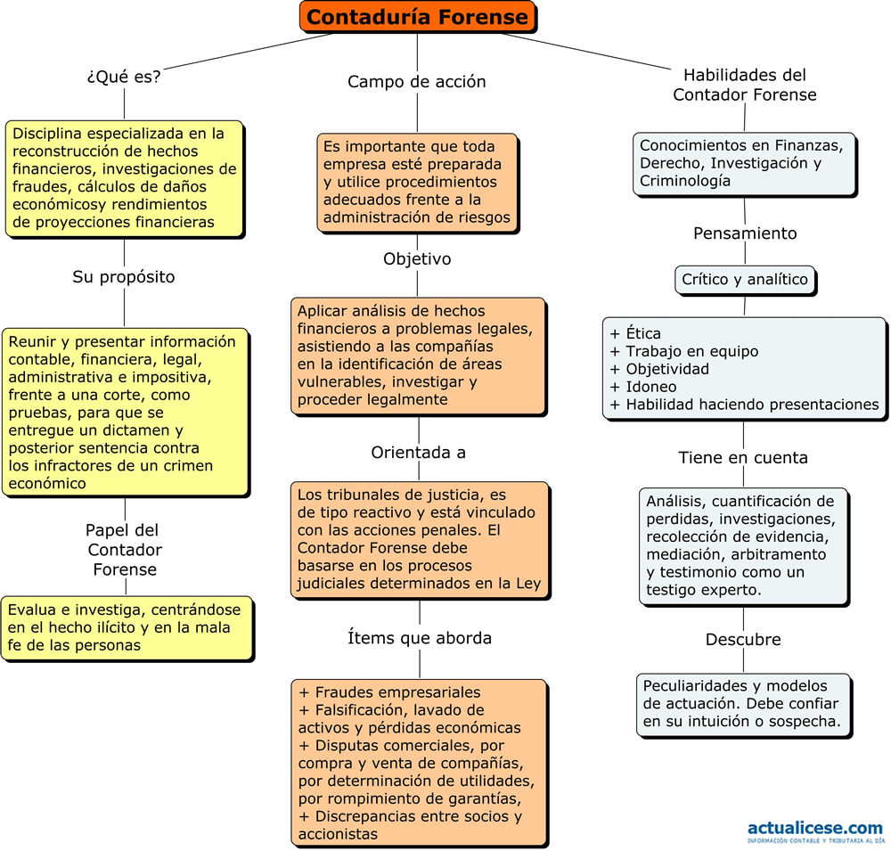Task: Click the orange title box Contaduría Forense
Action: pyautogui.click(x=418, y=17)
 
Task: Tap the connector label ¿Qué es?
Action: pyautogui.click(x=124, y=76)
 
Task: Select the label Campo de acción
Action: pyautogui.click(x=416, y=81)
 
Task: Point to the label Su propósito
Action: pyautogui.click(x=123, y=277)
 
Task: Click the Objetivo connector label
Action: pyautogui.click(x=417, y=258)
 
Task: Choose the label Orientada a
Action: pyautogui.click(x=418, y=453)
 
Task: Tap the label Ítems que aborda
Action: pyautogui.click(x=420, y=638)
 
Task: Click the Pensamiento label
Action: pyautogui.click(x=745, y=233)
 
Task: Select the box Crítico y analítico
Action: pyautogui.click(x=746, y=281)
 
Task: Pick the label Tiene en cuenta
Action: pyautogui.click(x=743, y=458)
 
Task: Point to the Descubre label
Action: pyautogui.click(x=743, y=640)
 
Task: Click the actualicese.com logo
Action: pyautogui.click(x=816, y=831)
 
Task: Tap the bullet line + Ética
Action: pyautogui.click(x=634, y=333)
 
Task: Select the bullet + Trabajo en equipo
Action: pyautogui.click(x=683, y=351)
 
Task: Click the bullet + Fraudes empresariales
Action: pyautogui.click(x=389, y=692)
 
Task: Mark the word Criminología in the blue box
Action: pyautogui.click(x=678, y=181)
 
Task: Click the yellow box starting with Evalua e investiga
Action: pyautogui.click(x=127, y=629)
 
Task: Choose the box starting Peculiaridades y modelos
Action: pyautogui.click(x=745, y=706)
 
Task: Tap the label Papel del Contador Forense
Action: pyautogui.click(x=124, y=550)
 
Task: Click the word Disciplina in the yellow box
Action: pyautogui.click(x=48, y=135)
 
